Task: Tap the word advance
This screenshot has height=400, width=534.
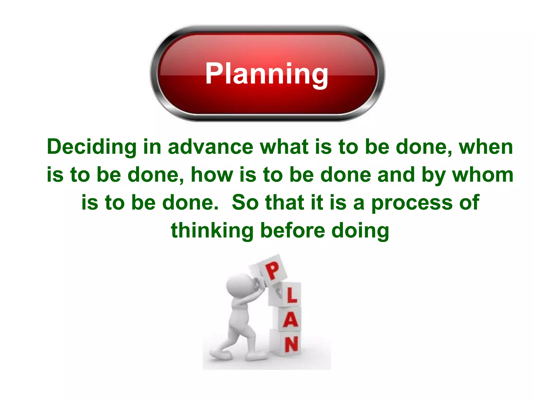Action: click(211, 147)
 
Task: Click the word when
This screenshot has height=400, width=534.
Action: click(486, 147)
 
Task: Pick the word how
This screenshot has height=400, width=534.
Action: click(212, 174)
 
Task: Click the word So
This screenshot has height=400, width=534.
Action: click(245, 203)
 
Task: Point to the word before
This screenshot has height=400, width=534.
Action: click(293, 230)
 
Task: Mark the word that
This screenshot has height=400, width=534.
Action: click(285, 203)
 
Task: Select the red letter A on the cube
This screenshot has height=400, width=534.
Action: click(290, 320)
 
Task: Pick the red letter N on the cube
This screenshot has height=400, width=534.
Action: click(292, 344)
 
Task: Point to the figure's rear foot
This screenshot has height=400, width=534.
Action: click(221, 355)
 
